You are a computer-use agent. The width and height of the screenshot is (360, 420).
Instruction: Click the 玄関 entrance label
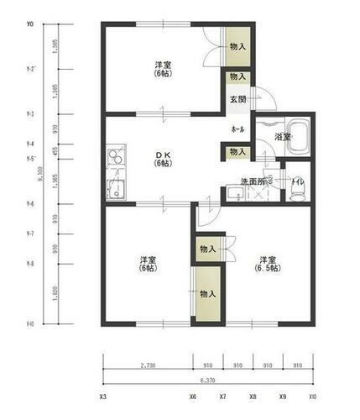click(237, 99)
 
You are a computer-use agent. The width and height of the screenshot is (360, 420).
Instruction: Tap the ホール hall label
click(237, 129)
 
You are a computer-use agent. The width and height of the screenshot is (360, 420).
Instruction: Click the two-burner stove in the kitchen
click(114, 157)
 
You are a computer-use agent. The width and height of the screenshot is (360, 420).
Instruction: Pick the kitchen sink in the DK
click(114, 188)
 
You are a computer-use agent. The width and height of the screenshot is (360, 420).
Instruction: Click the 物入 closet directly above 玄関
click(237, 76)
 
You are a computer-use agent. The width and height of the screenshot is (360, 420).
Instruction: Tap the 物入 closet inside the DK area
click(237, 152)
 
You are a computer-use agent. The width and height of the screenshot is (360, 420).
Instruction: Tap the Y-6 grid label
click(30, 204)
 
